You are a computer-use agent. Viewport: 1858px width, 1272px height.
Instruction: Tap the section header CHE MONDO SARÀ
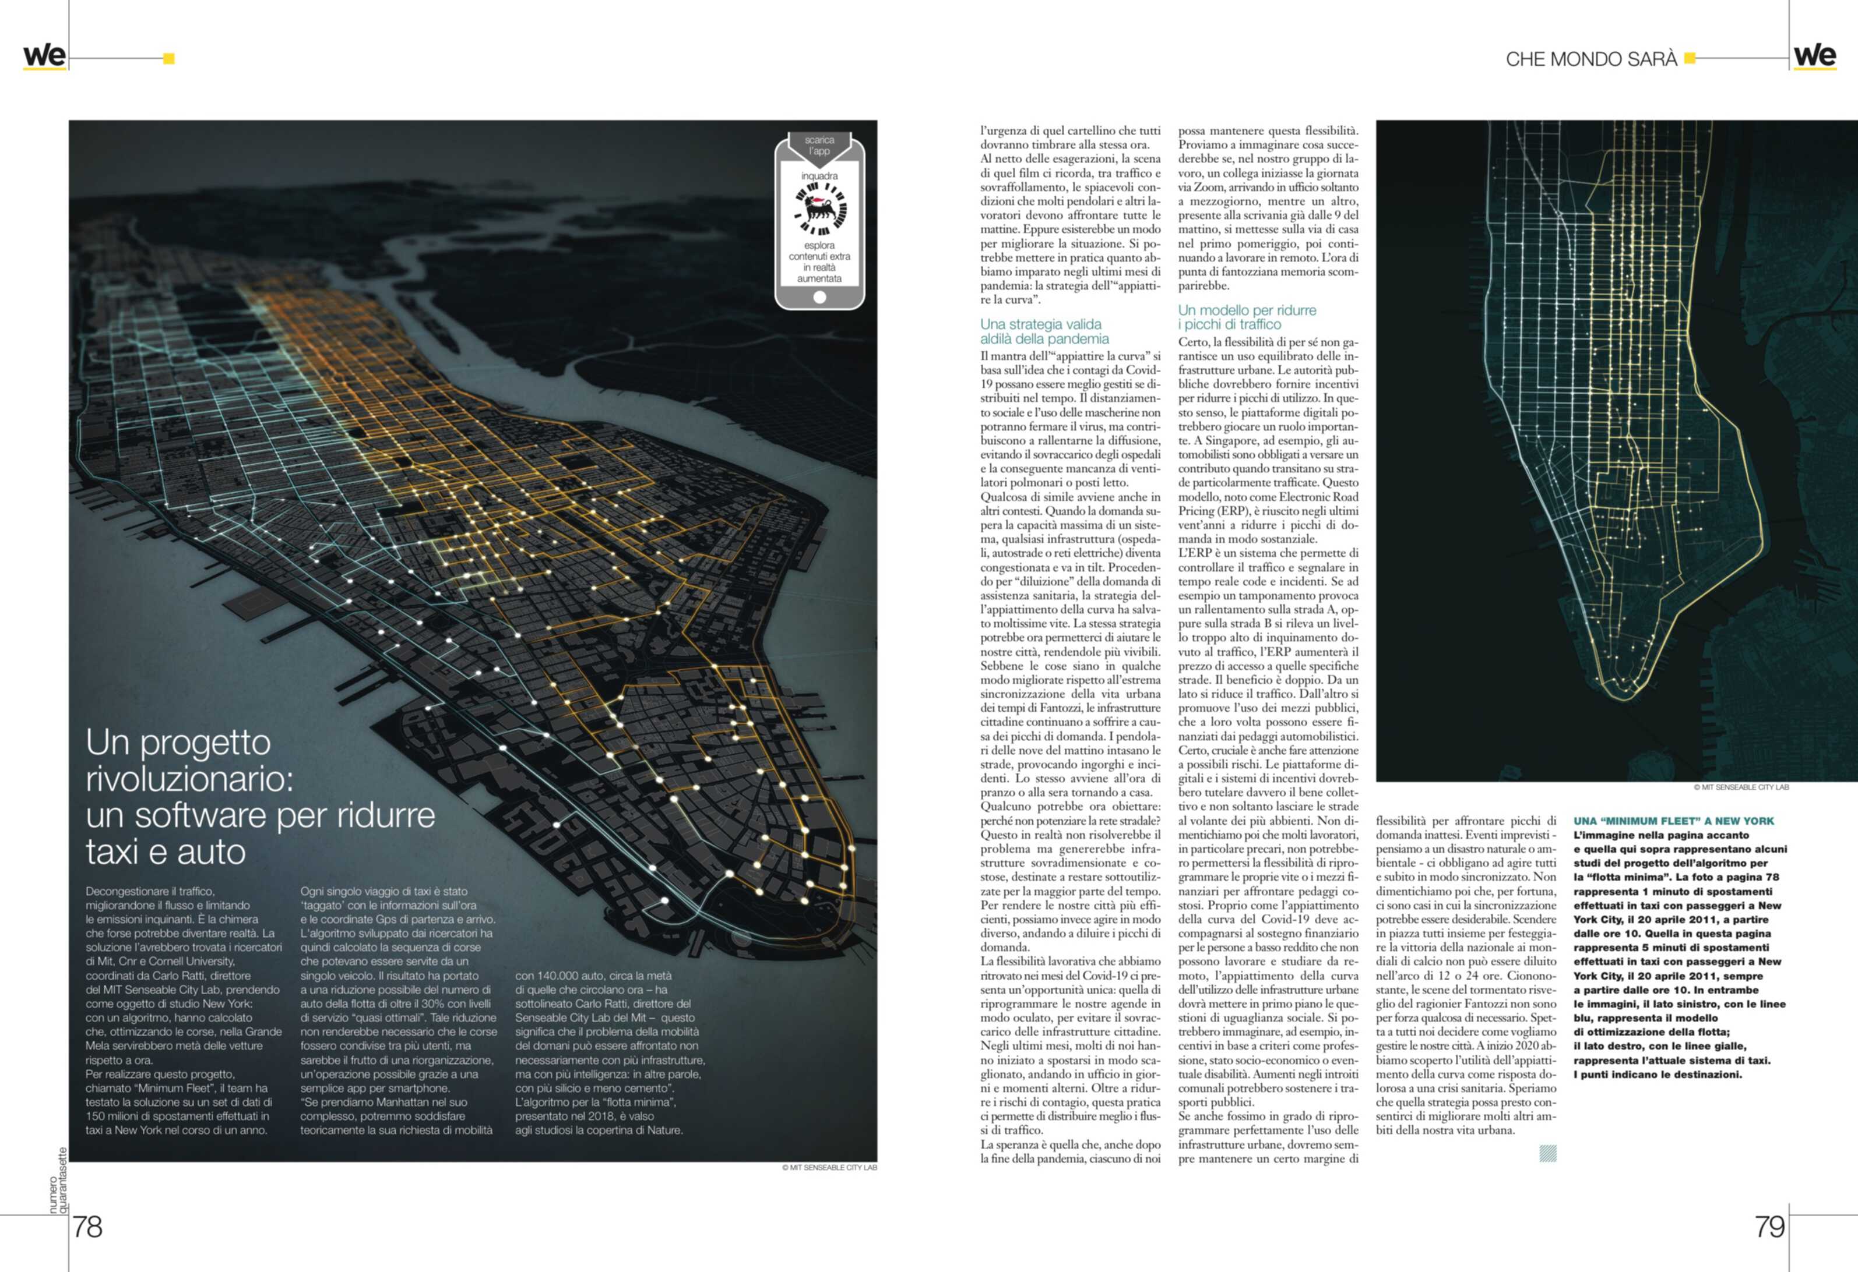coord(1591,59)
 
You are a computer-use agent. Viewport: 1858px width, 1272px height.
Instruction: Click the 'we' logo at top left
coord(45,56)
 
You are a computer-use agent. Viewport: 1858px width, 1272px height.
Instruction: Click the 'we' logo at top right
coord(1815,56)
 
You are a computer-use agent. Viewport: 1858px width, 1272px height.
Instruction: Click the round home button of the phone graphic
coord(819,297)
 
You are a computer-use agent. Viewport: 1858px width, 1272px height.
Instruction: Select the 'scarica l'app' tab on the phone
coord(819,146)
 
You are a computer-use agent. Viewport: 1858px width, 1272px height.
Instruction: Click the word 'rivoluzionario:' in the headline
coord(189,779)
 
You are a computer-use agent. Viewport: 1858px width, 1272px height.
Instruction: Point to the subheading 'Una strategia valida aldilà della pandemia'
coord(1044,331)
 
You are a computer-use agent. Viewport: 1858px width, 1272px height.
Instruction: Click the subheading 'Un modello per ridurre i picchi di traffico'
coord(1247,317)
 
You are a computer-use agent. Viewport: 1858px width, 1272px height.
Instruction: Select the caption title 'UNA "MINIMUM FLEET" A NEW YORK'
coord(1673,821)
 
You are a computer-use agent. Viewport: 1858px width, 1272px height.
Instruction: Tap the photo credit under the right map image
coord(1740,787)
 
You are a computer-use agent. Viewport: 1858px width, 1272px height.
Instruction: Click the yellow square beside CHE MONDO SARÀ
coord(1690,58)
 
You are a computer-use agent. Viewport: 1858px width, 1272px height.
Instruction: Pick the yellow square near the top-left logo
coord(168,58)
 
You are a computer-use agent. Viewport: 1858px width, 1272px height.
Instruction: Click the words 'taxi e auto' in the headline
coord(166,851)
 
